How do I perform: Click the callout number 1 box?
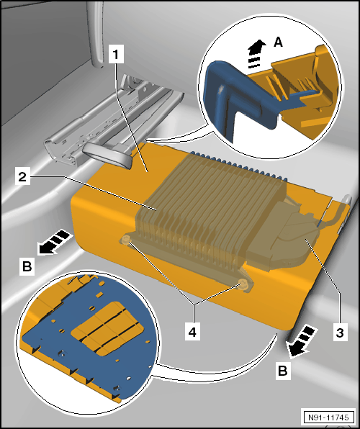(x=116, y=54)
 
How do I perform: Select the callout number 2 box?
(x=22, y=177)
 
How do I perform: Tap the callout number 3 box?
(x=341, y=332)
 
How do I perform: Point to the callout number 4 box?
(x=192, y=332)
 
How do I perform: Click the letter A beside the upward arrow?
(x=278, y=42)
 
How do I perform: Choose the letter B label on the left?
(x=27, y=266)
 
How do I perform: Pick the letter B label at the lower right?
(x=283, y=371)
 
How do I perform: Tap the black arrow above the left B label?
(x=54, y=243)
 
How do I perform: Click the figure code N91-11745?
(x=328, y=417)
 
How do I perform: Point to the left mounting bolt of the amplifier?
(x=127, y=240)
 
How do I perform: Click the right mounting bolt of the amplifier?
(x=243, y=284)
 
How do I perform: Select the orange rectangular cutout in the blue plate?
(x=107, y=329)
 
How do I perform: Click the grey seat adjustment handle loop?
(x=108, y=154)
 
